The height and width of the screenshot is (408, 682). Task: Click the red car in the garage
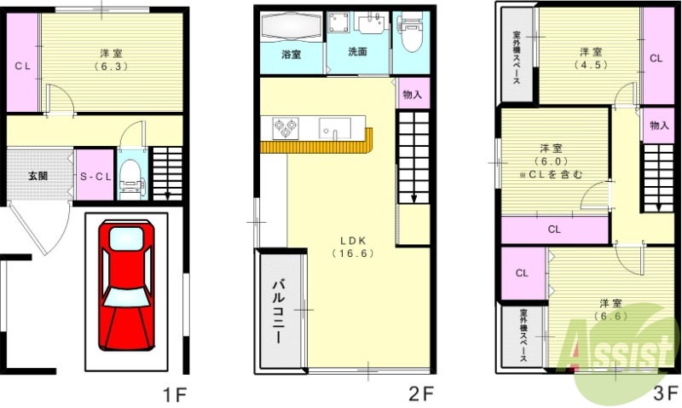(x=126, y=286)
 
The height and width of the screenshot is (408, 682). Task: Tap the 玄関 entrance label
(x=38, y=176)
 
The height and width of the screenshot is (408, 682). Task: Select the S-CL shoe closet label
(x=95, y=177)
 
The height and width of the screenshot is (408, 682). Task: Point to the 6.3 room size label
(x=112, y=67)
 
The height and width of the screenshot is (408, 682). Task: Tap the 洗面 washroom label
(x=357, y=51)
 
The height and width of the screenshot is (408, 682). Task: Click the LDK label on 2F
(x=353, y=241)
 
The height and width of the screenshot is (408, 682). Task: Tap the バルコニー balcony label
(x=279, y=312)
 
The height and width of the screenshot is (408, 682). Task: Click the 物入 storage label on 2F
(x=413, y=94)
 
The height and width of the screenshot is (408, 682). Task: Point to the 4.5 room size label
(x=591, y=65)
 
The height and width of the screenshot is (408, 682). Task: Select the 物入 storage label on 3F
(x=659, y=125)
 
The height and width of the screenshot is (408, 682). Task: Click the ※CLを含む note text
(x=551, y=175)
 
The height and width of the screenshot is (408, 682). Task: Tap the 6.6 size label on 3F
(x=611, y=316)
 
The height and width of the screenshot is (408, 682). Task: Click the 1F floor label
(x=175, y=395)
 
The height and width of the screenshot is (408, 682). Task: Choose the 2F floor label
(x=421, y=394)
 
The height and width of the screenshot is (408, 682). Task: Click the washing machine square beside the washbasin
(x=339, y=23)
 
